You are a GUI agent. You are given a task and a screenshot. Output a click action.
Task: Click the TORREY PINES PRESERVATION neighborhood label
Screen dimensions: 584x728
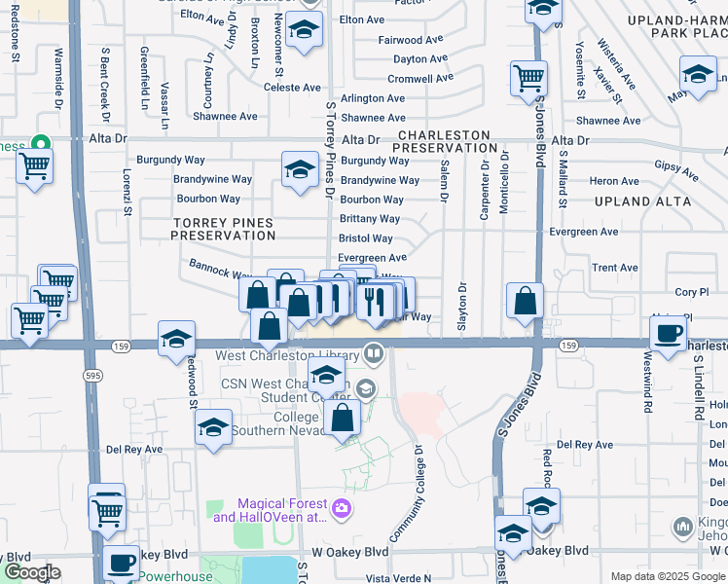(223, 229)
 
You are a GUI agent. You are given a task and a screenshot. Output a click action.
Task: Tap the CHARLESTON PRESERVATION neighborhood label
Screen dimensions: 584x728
(445, 141)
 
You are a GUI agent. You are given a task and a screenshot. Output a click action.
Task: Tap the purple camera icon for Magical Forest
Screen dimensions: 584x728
(342, 508)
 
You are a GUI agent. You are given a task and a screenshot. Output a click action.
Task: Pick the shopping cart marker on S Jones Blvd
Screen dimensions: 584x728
(528, 77)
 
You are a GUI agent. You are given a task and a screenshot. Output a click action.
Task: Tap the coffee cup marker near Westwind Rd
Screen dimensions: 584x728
(668, 334)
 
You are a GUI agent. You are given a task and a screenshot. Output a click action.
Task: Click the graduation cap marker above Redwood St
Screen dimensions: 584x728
(176, 339)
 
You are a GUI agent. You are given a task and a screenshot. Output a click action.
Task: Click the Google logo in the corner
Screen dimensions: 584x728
(32, 572)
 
